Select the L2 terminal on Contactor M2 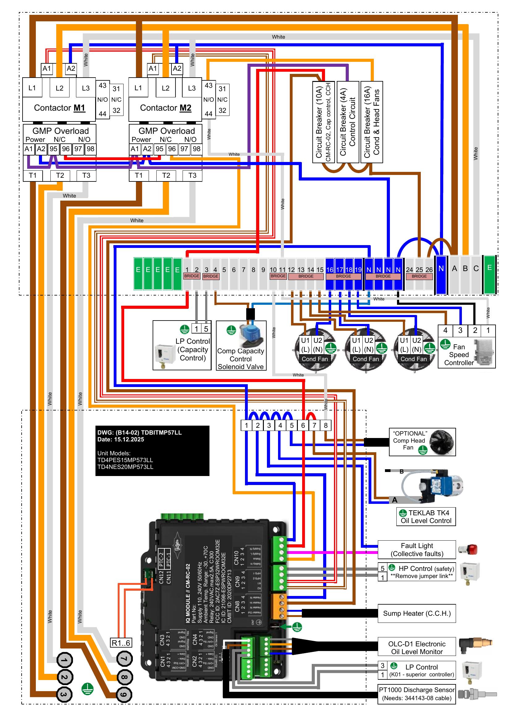tap(166, 88)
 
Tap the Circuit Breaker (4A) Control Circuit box tap(348, 122)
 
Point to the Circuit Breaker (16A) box tap(372, 122)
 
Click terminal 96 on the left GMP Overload tap(66, 149)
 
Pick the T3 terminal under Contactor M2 tap(192, 176)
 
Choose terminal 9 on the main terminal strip tap(263, 270)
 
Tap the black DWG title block tap(152, 451)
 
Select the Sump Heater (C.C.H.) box tap(416, 613)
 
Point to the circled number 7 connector tap(124, 659)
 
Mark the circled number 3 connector tap(64, 694)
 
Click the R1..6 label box tap(121, 643)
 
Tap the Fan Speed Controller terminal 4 tap(445, 330)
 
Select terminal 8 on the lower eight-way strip tap(326, 425)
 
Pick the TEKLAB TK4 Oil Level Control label tap(426, 517)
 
